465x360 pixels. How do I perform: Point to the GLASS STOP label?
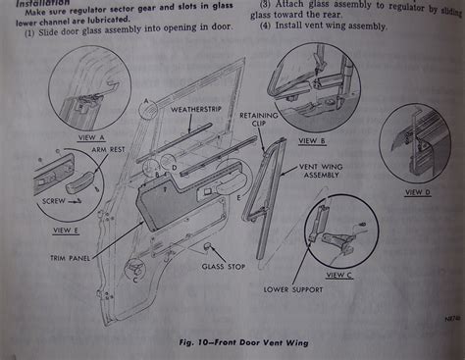[222, 266]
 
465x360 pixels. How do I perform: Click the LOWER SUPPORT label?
[291, 289]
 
